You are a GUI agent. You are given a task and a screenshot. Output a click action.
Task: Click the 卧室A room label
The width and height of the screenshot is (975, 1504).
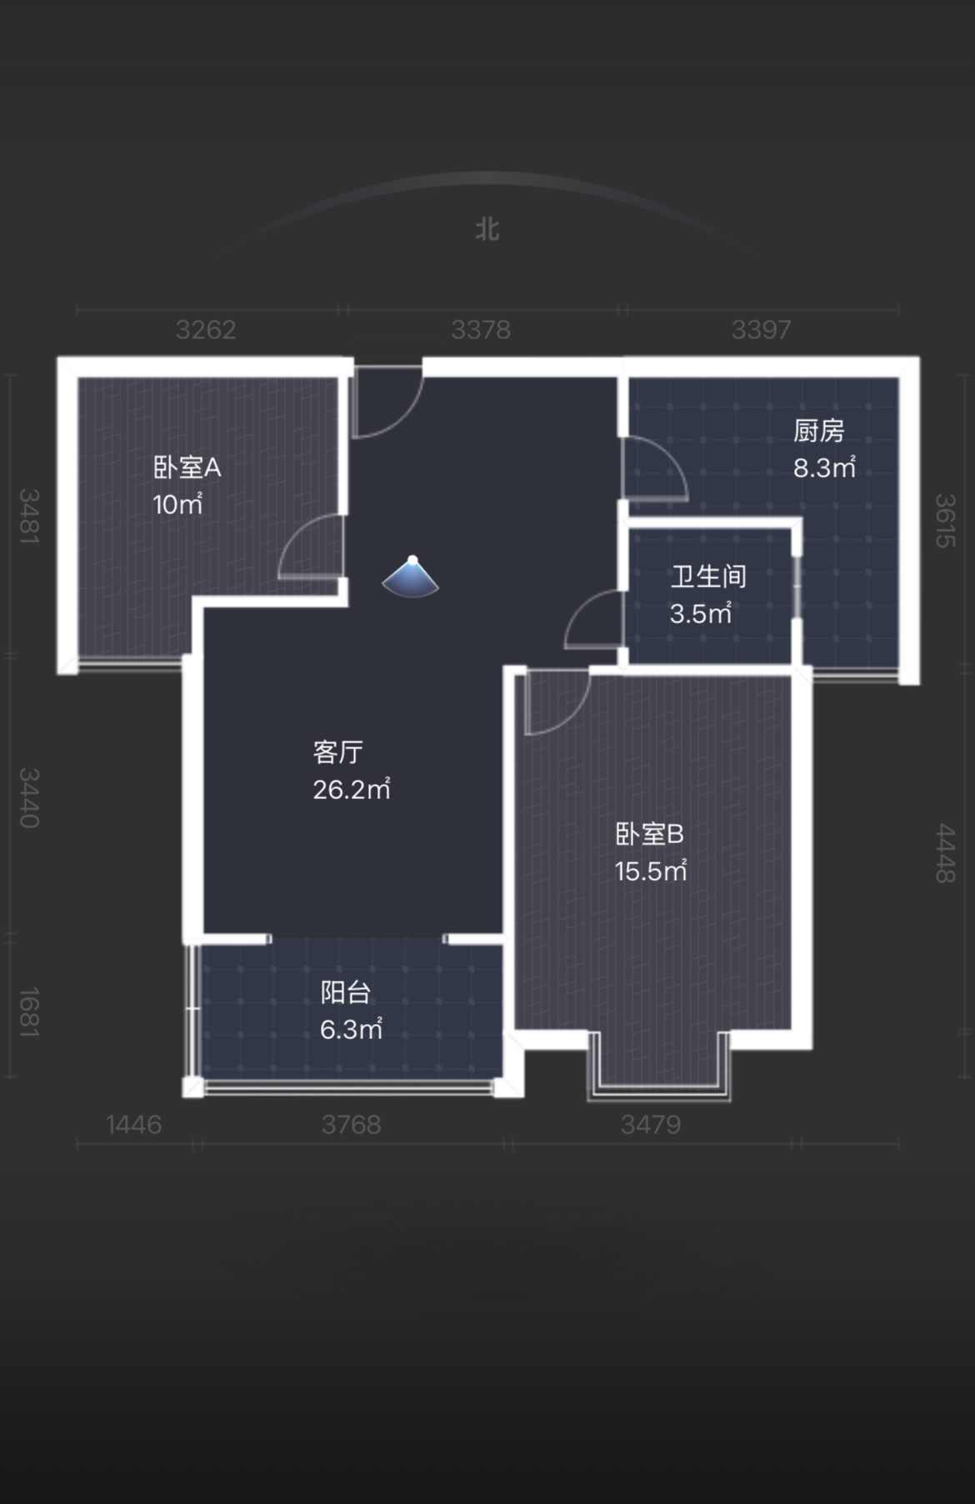coord(187,467)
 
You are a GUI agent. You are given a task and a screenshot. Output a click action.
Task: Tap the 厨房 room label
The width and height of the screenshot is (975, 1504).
coord(818,431)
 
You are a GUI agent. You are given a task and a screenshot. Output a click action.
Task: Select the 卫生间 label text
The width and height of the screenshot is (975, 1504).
coord(708,577)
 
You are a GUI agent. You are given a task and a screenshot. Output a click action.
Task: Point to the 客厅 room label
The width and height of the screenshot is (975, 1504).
coord(338,752)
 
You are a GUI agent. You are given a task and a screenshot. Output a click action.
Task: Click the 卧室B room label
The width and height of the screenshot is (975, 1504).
coord(649,834)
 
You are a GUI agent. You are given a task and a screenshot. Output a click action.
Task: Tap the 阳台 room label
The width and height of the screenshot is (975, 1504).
coord(346,992)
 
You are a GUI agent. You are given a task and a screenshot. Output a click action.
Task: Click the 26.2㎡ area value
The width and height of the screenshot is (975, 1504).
coord(352,788)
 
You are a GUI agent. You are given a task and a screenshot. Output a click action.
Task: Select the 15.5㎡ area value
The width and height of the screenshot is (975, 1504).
coord(651,871)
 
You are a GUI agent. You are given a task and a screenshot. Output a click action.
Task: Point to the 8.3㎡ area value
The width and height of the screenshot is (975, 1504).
coord(824,467)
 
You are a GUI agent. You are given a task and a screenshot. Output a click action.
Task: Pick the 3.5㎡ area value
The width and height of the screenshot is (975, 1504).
coord(701,613)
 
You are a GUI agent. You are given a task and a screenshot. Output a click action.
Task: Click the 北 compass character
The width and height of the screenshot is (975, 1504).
coord(487,229)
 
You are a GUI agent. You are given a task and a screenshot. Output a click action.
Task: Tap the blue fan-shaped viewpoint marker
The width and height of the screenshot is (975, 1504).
coord(411,577)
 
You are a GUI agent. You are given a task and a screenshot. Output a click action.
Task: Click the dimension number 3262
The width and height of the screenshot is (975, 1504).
coord(206,330)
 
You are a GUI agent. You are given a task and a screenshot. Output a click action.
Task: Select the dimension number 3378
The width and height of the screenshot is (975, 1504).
coord(481,330)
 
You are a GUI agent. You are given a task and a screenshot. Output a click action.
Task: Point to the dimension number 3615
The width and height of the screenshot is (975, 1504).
coord(944,521)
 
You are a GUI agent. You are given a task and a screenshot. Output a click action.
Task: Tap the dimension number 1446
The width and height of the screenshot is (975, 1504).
coord(134,1125)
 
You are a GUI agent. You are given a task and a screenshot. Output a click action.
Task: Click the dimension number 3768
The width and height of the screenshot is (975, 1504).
coord(352,1125)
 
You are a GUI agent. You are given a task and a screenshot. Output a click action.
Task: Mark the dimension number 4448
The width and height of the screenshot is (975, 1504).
coord(944,853)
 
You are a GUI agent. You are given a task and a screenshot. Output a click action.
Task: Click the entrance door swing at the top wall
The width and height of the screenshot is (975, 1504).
coord(387,402)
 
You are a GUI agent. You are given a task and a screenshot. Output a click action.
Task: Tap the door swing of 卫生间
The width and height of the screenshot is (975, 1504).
coord(594,618)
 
